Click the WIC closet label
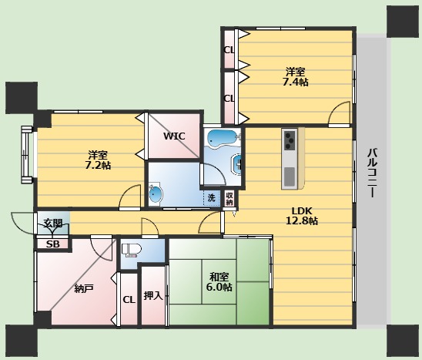tap(174, 136)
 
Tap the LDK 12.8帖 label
tap(302, 216)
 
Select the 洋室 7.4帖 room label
tap(295, 77)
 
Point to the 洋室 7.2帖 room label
tap(98, 160)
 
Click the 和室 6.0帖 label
tap(219, 282)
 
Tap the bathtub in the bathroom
tap(222, 138)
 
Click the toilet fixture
tap(132, 250)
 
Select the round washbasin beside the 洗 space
tap(156, 194)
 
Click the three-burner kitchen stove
tap(290, 140)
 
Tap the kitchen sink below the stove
tap(290, 177)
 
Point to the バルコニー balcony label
tap(372, 173)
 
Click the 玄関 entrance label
tap(53, 223)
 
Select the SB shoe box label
tap(52, 244)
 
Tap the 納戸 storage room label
tap(84, 289)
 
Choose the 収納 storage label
tap(229, 199)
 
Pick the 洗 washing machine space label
tap(211, 198)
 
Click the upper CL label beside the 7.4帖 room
tap(229, 50)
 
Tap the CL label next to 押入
tap(129, 300)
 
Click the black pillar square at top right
tap(403, 22)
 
